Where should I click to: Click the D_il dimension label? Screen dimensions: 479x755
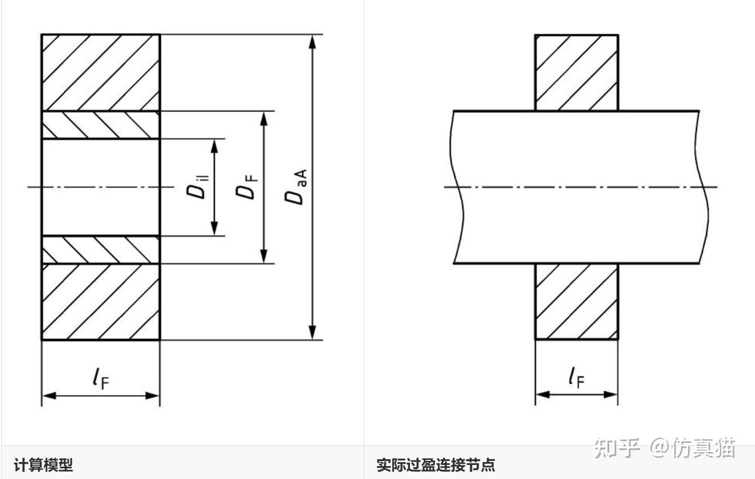coord(198,187)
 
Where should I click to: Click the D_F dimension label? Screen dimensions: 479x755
coord(247,187)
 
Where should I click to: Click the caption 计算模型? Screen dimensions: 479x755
coord(43,465)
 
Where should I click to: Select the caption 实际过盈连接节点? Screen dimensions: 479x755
coord(436,465)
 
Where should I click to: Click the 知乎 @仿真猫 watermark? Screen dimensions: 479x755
coord(665,448)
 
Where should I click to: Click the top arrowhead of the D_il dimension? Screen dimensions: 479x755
coord(214,146)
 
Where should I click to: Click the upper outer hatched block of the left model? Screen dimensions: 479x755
coord(101,72)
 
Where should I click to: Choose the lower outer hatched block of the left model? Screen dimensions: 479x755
coord(101,301)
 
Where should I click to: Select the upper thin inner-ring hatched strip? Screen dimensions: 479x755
coord(101,125)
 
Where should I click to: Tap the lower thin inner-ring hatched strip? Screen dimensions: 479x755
coord(101,250)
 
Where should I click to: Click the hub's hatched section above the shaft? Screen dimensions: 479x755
coord(577,72)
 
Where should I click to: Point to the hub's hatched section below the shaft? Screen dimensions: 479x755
coord(577,301)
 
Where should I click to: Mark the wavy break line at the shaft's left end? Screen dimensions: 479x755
coord(457,187)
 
